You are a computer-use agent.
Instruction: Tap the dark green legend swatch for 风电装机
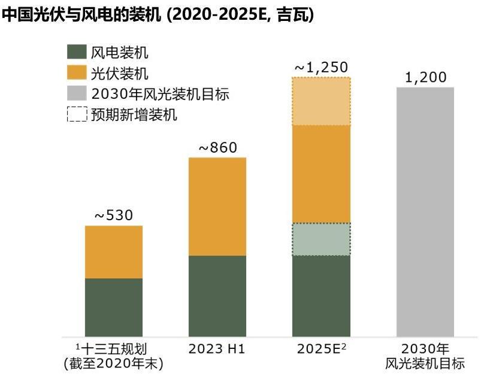click(77, 53)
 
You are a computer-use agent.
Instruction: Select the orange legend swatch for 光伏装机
click(77, 73)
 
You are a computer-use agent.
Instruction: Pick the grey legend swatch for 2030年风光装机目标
click(77, 93)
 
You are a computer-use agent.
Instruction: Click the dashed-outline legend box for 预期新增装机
click(77, 114)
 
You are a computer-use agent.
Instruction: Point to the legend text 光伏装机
click(120, 73)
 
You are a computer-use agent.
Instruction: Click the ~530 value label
click(114, 215)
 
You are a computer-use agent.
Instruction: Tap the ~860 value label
click(217, 147)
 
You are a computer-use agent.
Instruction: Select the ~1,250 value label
click(321, 68)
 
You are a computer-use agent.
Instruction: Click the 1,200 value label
click(425, 77)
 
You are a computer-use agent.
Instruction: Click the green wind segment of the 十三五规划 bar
click(114, 307)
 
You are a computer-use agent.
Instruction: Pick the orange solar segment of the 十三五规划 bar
click(114, 252)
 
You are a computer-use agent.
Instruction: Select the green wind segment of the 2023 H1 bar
click(217, 296)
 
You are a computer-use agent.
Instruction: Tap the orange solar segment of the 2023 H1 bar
click(217, 206)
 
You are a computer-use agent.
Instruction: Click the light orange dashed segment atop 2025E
click(321, 101)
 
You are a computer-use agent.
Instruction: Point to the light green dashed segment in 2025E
click(321, 239)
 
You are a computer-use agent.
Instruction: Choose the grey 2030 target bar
click(425, 212)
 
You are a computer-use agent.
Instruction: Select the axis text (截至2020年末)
click(114, 363)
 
